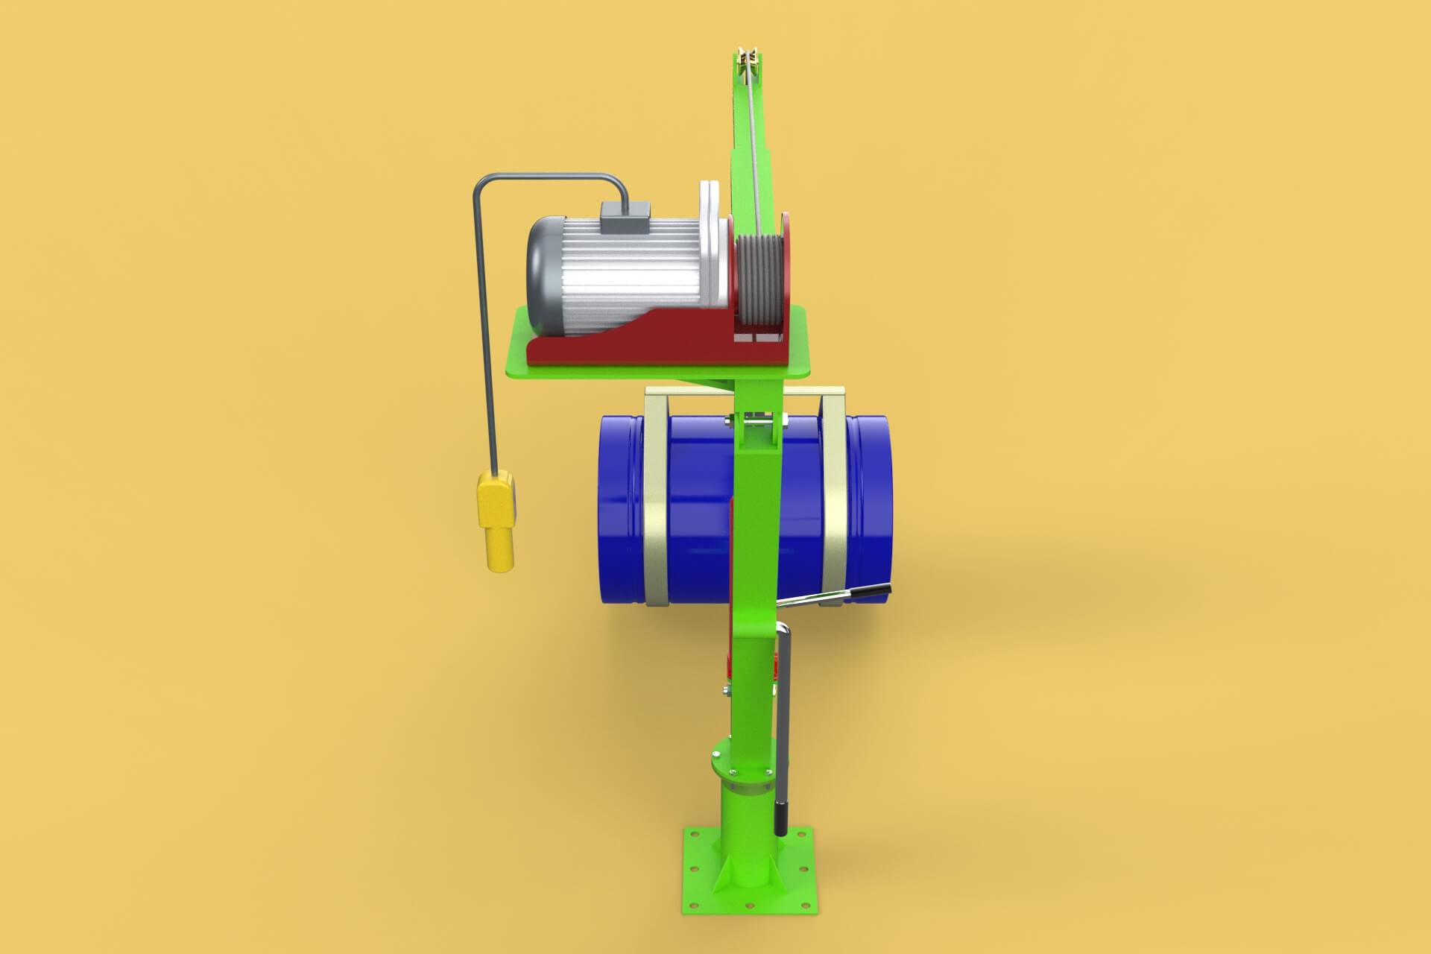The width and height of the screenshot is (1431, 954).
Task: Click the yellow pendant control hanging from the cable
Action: [x=497, y=522]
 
